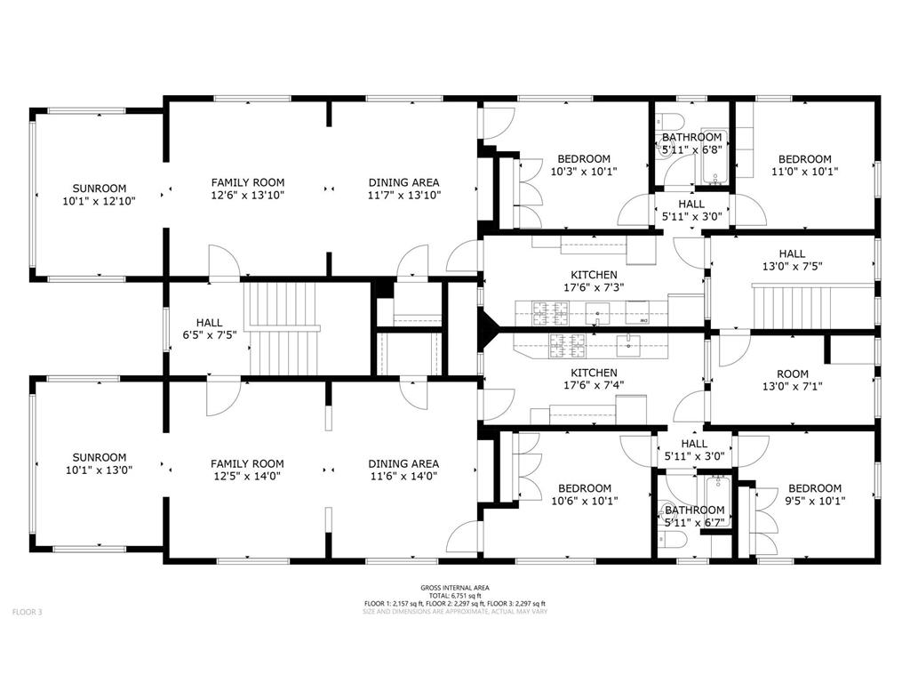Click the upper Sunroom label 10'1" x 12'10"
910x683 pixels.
click(x=100, y=195)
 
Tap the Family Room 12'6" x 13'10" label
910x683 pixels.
click(x=248, y=189)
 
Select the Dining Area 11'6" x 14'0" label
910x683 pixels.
click(x=403, y=470)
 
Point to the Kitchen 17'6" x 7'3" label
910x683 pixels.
click(x=594, y=281)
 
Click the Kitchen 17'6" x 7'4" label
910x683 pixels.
click(x=594, y=379)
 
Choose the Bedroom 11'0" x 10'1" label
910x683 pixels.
click(x=804, y=165)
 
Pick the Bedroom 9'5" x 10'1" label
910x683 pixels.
click(x=815, y=494)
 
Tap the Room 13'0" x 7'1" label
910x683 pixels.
click(x=792, y=380)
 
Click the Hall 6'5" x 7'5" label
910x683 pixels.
click(x=209, y=328)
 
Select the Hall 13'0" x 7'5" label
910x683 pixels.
click(x=792, y=260)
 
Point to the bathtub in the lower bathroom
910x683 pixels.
click(x=718, y=501)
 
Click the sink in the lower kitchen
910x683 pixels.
click(x=628, y=346)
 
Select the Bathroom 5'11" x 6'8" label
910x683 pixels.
click(x=691, y=143)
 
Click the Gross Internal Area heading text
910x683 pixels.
click(x=455, y=588)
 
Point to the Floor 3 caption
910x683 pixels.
click(x=28, y=612)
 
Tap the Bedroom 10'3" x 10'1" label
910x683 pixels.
click(x=584, y=165)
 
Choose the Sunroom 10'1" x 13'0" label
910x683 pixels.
click(x=100, y=463)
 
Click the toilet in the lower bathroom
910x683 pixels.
click(x=674, y=541)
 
